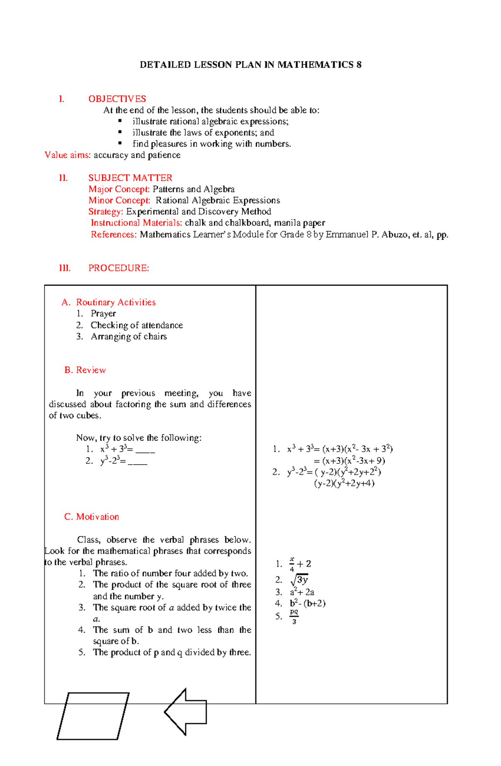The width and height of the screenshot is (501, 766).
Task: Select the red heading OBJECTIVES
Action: pyautogui.click(x=117, y=99)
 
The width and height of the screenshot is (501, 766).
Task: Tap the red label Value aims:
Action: pyautogui.click(x=68, y=155)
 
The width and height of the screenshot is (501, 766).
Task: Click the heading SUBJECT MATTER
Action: pyautogui.click(x=130, y=178)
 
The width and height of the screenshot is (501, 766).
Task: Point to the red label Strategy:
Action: pyautogui.click(x=106, y=212)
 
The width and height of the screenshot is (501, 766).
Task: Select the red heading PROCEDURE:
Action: pyautogui.click(x=119, y=268)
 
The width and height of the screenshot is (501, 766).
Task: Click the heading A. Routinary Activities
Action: pyautogui.click(x=109, y=302)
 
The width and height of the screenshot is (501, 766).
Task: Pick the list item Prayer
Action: pyautogui.click(x=103, y=313)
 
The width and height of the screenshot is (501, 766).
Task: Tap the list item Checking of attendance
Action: pyautogui.click(x=137, y=325)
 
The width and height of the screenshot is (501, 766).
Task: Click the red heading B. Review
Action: pyautogui.click(x=85, y=370)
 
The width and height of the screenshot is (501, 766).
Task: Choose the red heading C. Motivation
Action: pyautogui.click(x=91, y=517)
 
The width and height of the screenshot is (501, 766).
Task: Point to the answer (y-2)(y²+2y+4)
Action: pyautogui.click(x=344, y=483)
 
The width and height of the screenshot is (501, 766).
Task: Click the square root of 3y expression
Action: pyautogui.click(x=299, y=580)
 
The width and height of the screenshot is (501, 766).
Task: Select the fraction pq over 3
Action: pyautogui.click(x=294, y=617)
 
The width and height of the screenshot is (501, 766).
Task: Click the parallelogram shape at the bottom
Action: pyautogui.click(x=93, y=716)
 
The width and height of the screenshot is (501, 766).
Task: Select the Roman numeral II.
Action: pyautogui.click(x=63, y=178)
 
